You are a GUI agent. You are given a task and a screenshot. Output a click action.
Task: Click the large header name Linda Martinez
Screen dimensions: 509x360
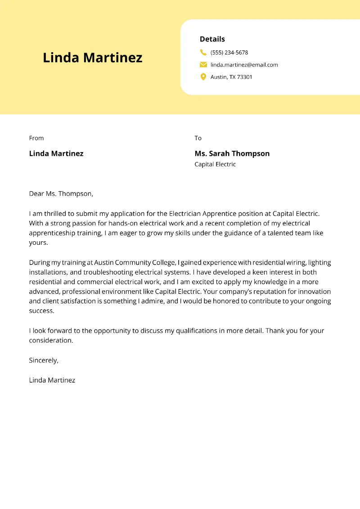92,58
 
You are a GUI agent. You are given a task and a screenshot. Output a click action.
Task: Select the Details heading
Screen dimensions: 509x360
212,39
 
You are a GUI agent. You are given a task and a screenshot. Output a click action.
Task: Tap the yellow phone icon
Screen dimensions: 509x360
203,52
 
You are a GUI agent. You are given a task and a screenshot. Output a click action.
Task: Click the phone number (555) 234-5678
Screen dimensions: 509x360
229,53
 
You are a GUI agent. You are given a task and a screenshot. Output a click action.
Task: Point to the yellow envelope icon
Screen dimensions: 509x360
203,64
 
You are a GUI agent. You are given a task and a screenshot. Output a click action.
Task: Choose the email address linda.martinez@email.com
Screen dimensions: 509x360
244,65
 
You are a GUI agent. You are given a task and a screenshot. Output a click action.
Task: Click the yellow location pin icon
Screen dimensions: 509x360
203,77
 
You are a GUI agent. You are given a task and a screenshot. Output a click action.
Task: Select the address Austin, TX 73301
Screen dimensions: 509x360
231,77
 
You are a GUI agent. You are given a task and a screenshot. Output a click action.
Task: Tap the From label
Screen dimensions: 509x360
36,138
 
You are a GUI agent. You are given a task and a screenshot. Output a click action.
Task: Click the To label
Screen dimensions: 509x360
198,138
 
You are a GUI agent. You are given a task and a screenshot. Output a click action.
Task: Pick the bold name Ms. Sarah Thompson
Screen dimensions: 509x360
232,153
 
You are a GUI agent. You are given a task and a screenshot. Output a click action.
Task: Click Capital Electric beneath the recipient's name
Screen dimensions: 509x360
215,164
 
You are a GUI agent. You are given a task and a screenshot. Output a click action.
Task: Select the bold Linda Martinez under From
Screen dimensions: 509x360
56,153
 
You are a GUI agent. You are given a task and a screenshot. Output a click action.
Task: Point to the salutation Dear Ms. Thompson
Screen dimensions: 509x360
61,194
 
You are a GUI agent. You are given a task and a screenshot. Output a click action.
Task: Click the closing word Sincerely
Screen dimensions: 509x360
43,360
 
